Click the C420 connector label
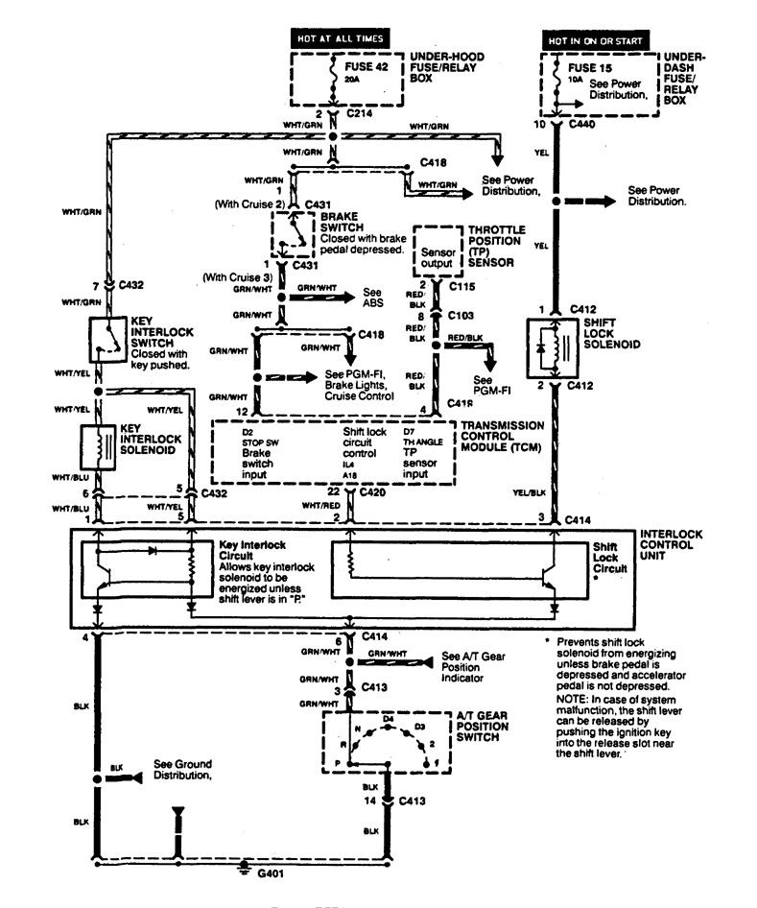pyautogui.click(x=374, y=492)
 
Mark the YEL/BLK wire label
pyautogui.click(x=526, y=493)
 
